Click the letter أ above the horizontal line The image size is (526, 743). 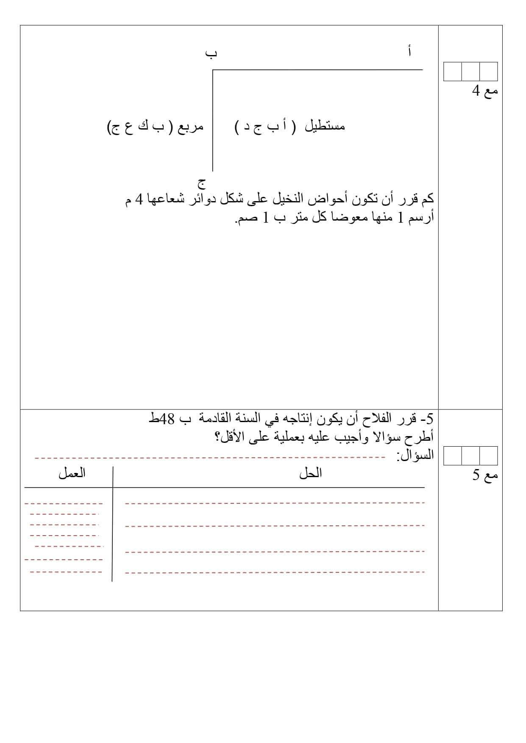409,51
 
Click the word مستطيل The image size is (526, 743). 325,126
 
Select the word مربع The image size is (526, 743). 190,126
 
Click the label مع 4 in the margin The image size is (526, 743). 485,91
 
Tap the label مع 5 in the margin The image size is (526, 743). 485,475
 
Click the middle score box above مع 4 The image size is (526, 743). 470,72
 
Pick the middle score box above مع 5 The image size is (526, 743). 470,456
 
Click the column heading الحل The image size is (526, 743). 311,473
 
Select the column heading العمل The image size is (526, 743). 72,472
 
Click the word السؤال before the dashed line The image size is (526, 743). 415,456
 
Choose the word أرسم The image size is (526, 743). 421,218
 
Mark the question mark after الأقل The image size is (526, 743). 220,437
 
